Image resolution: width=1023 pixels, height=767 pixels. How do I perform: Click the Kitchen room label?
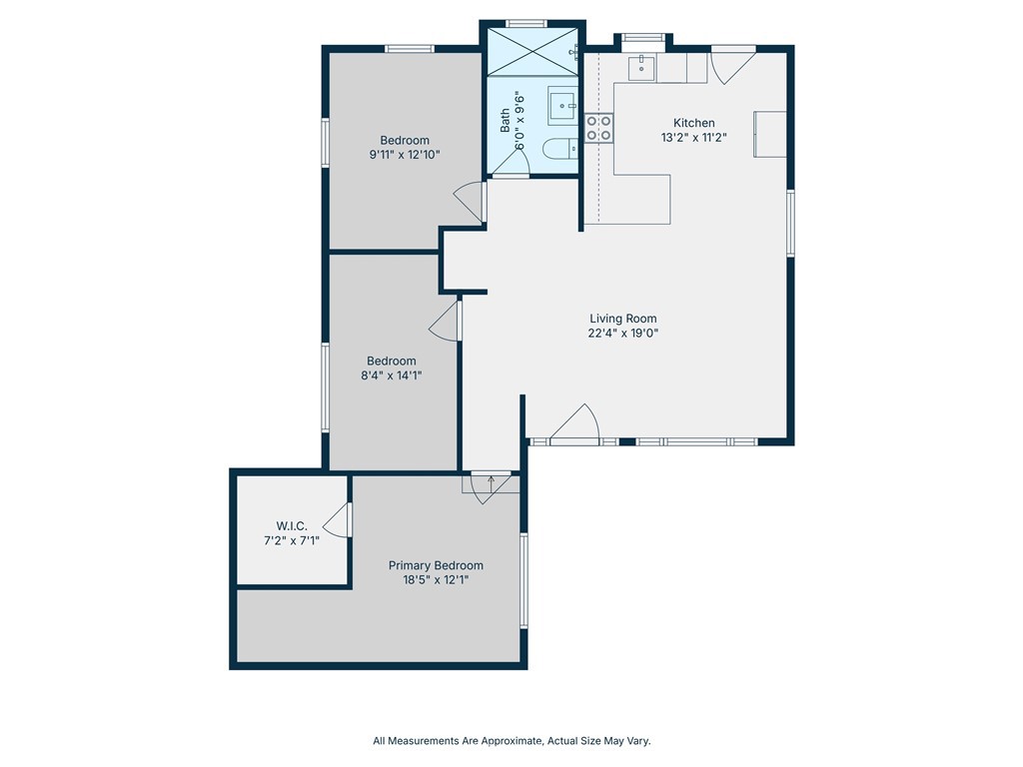(693, 123)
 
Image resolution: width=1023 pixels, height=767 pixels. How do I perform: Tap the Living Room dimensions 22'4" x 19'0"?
(623, 334)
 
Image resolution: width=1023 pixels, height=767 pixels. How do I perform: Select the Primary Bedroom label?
(436, 565)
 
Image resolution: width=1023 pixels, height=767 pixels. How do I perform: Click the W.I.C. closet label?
(291, 525)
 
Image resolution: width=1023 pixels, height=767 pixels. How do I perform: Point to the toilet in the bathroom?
(560, 149)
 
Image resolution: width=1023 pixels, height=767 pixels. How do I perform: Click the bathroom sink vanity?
(562, 105)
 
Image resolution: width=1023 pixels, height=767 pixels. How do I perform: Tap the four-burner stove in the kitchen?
(598, 128)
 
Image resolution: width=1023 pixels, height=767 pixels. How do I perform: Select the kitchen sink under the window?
(642, 67)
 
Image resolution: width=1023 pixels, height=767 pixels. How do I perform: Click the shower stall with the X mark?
(532, 52)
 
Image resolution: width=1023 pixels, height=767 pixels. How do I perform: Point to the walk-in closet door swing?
(338, 519)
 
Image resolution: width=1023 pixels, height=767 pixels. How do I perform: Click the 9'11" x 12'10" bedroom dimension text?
(405, 155)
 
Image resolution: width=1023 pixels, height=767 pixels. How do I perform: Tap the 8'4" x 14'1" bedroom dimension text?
(392, 376)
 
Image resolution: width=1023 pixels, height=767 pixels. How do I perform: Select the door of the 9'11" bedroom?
(470, 202)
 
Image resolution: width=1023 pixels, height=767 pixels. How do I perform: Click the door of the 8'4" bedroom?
(445, 321)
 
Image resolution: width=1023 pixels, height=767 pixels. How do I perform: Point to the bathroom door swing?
(510, 162)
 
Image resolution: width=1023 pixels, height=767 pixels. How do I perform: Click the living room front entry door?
(574, 424)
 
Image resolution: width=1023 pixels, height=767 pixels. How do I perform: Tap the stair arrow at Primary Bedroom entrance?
(491, 484)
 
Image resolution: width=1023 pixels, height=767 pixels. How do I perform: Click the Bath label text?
(505, 121)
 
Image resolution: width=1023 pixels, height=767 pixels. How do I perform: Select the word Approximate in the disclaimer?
(511, 741)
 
